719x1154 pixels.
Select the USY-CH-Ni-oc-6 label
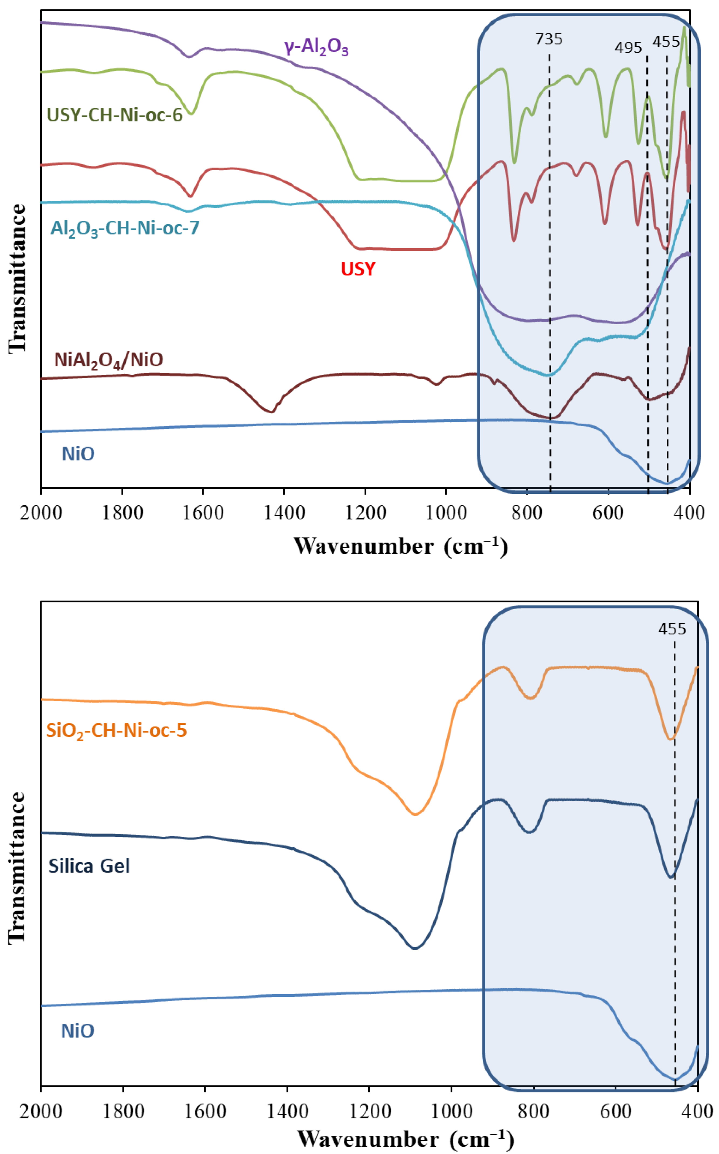tap(115, 115)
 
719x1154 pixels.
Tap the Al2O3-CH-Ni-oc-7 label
tap(125, 229)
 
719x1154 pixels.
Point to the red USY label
tap(358, 269)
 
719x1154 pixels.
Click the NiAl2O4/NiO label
tap(109, 360)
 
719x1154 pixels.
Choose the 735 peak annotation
tap(549, 39)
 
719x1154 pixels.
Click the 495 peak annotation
tap(628, 47)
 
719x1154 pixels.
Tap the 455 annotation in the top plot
tap(666, 42)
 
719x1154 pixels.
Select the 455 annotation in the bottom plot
tap(672, 629)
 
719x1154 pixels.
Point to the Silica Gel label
tap(89, 866)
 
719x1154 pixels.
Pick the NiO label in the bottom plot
tap(78, 1031)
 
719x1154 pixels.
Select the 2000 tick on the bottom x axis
tap(41, 1112)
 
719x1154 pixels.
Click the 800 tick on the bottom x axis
tap(534, 1112)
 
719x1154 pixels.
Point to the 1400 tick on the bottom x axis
tap(287, 1112)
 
